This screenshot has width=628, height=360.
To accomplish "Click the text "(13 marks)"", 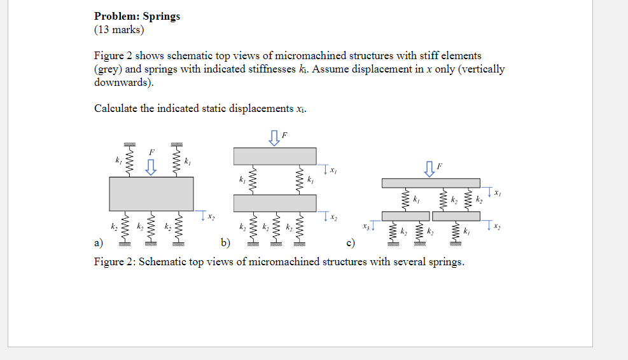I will pos(119,29).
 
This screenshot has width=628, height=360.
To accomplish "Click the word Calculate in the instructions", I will pos(115,108).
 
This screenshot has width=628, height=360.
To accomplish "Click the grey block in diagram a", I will pos(151,193).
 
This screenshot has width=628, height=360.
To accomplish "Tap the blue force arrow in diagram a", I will pos(151,167).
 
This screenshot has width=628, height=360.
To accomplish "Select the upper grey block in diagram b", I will pos(274,156).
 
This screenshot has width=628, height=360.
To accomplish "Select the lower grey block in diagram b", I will pos(274,203).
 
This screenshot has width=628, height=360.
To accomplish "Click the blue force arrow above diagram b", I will pos(274,137).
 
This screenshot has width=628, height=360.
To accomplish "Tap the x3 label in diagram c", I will pos(365,225).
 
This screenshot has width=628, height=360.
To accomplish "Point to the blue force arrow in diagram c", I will pos(431,169).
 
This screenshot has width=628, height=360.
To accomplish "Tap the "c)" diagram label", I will pos(351,242).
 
